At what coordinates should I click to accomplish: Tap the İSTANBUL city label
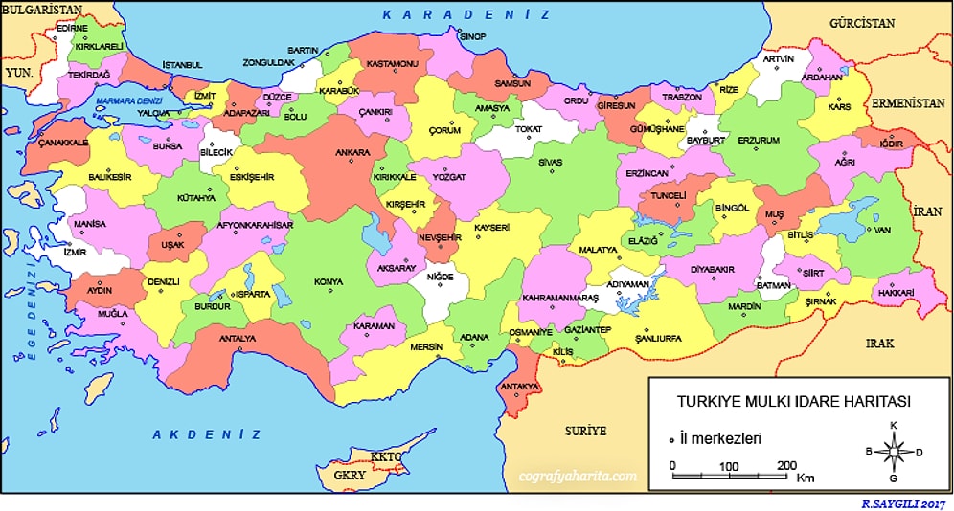[x=182, y=64]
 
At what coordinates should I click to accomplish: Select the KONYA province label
[x=329, y=281]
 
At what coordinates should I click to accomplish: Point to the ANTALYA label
[x=238, y=338]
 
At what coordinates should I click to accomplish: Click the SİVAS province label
[x=550, y=163]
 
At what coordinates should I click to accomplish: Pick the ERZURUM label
[x=759, y=140]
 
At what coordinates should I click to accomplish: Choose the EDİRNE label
[x=72, y=29]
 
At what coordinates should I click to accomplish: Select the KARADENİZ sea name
[x=466, y=14]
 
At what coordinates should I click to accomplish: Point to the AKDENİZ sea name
[x=207, y=434]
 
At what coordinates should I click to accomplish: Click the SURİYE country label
[x=585, y=431]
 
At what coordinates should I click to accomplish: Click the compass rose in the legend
[x=893, y=451]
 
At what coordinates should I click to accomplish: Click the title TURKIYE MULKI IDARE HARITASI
[x=793, y=401]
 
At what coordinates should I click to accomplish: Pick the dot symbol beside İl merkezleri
[x=671, y=438]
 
